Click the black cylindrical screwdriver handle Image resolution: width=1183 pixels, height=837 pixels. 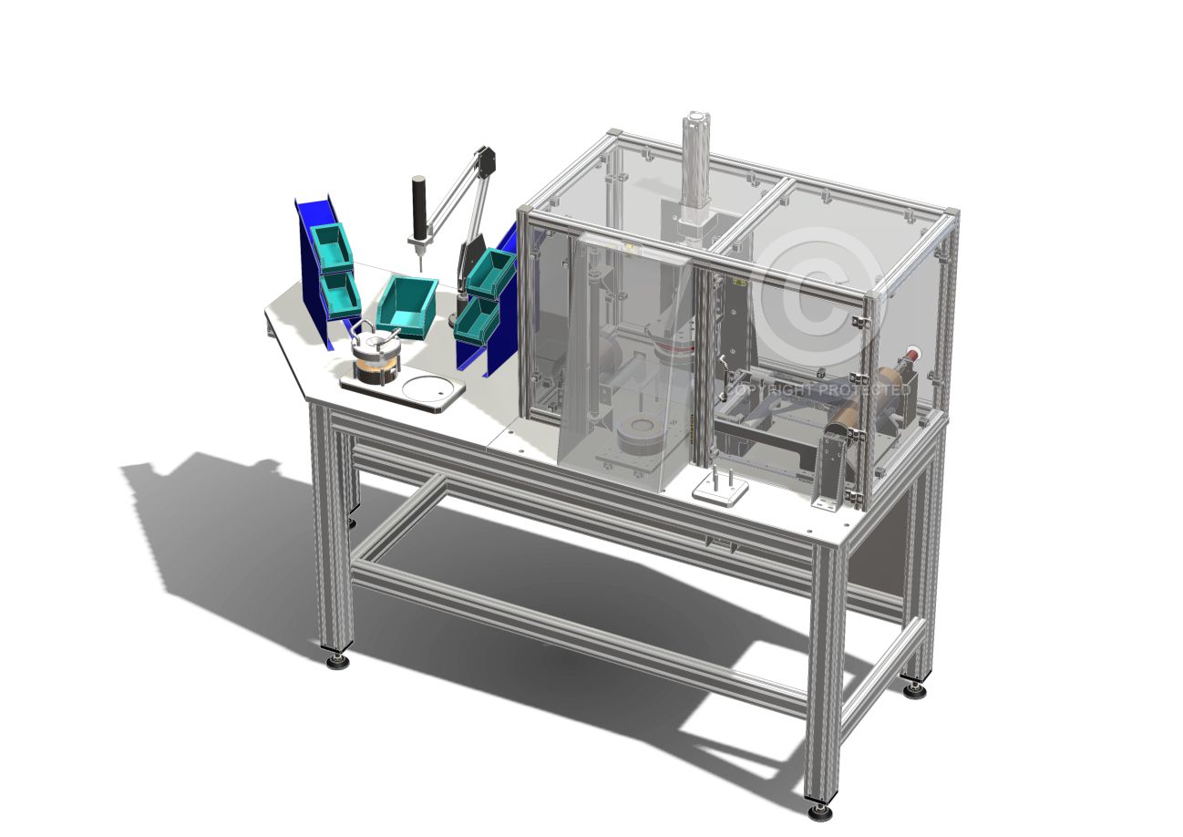click(419, 207)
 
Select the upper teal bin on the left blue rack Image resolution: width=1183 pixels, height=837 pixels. click(332, 248)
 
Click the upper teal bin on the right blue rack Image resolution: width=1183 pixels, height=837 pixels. click(491, 274)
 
